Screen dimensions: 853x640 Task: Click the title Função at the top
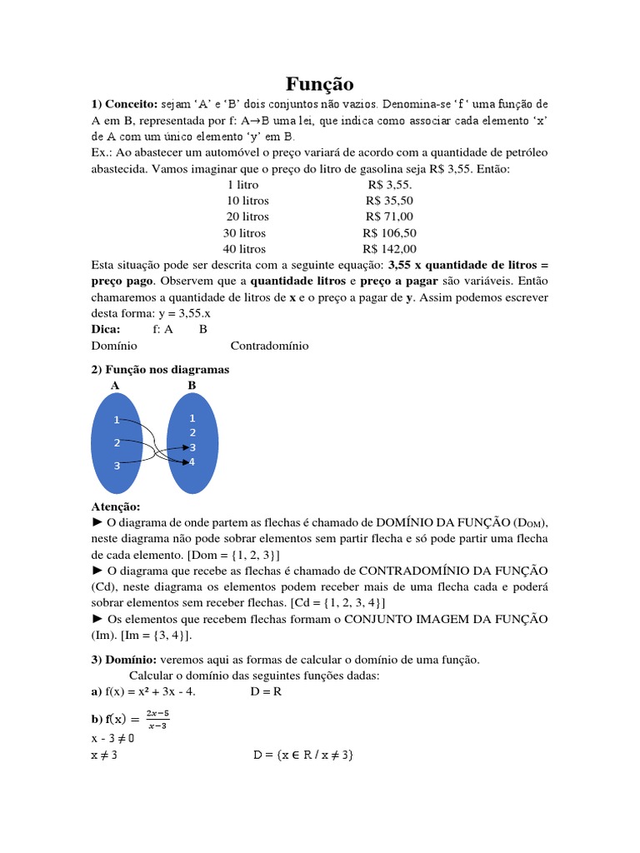(x=320, y=84)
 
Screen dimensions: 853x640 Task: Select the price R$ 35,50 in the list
(x=389, y=201)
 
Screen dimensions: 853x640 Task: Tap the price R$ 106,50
(x=389, y=233)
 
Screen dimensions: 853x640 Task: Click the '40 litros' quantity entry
(x=244, y=249)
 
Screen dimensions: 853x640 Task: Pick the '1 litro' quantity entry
(x=242, y=185)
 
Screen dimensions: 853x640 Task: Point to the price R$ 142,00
(x=389, y=249)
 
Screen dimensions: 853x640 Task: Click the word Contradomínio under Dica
(x=269, y=346)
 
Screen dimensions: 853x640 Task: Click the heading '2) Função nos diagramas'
(x=159, y=369)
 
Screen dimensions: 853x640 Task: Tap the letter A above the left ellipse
(x=114, y=386)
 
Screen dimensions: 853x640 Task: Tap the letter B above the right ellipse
(x=192, y=386)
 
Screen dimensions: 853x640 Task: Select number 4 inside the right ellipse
(x=192, y=461)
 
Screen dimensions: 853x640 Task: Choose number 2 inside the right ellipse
(x=192, y=432)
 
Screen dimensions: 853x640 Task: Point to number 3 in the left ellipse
(x=117, y=466)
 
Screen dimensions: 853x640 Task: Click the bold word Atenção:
(x=115, y=506)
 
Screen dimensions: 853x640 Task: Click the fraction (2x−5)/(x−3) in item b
(x=157, y=719)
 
